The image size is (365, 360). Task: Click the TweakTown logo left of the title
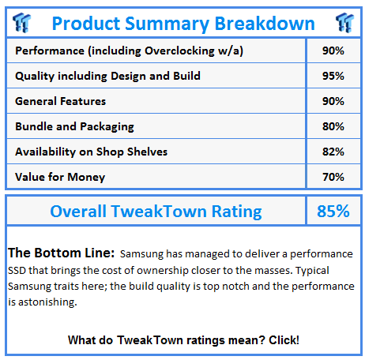pyautogui.click(x=21, y=23)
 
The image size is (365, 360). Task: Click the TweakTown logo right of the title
pyautogui.click(x=344, y=23)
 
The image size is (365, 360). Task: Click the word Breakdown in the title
pyautogui.click(x=265, y=24)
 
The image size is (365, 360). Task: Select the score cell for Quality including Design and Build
pyautogui.click(x=333, y=76)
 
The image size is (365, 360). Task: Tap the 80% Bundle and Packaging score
pyautogui.click(x=333, y=126)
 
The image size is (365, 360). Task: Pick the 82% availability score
pyautogui.click(x=333, y=152)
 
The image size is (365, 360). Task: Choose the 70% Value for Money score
pyautogui.click(x=333, y=177)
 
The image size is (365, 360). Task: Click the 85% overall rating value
pyautogui.click(x=333, y=211)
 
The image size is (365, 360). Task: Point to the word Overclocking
pyautogui.click(x=179, y=51)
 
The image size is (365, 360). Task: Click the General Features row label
pyautogui.click(x=60, y=101)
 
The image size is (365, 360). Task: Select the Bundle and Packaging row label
pyautogui.click(x=74, y=126)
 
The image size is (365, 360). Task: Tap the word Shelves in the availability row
pyautogui.click(x=147, y=152)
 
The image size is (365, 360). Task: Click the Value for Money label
pyautogui.click(x=60, y=177)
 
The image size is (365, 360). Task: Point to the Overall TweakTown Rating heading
pyautogui.click(x=156, y=212)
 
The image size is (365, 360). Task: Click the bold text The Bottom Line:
pyautogui.click(x=61, y=253)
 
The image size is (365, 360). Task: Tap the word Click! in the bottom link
pyautogui.click(x=284, y=340)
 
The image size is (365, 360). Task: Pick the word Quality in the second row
pyautogui.click(x=35, y=77)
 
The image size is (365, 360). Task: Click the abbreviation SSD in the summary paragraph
pyautogui.click(x=17, y=271)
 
